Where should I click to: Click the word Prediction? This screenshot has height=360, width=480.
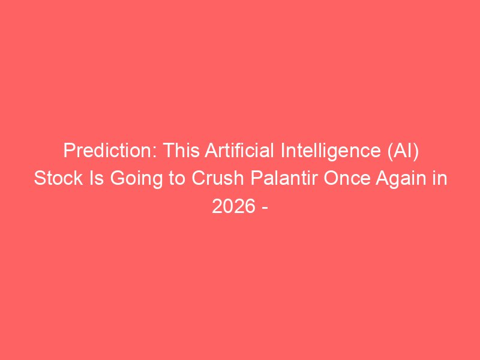110,151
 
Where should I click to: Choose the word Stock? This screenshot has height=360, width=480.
58,178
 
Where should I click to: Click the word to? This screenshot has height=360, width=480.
176,179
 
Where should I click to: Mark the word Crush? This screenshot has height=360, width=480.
217,178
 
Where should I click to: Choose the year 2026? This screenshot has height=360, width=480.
233,206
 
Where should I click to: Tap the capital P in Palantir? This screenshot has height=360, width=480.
256,178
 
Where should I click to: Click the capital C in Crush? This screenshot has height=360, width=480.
199,178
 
